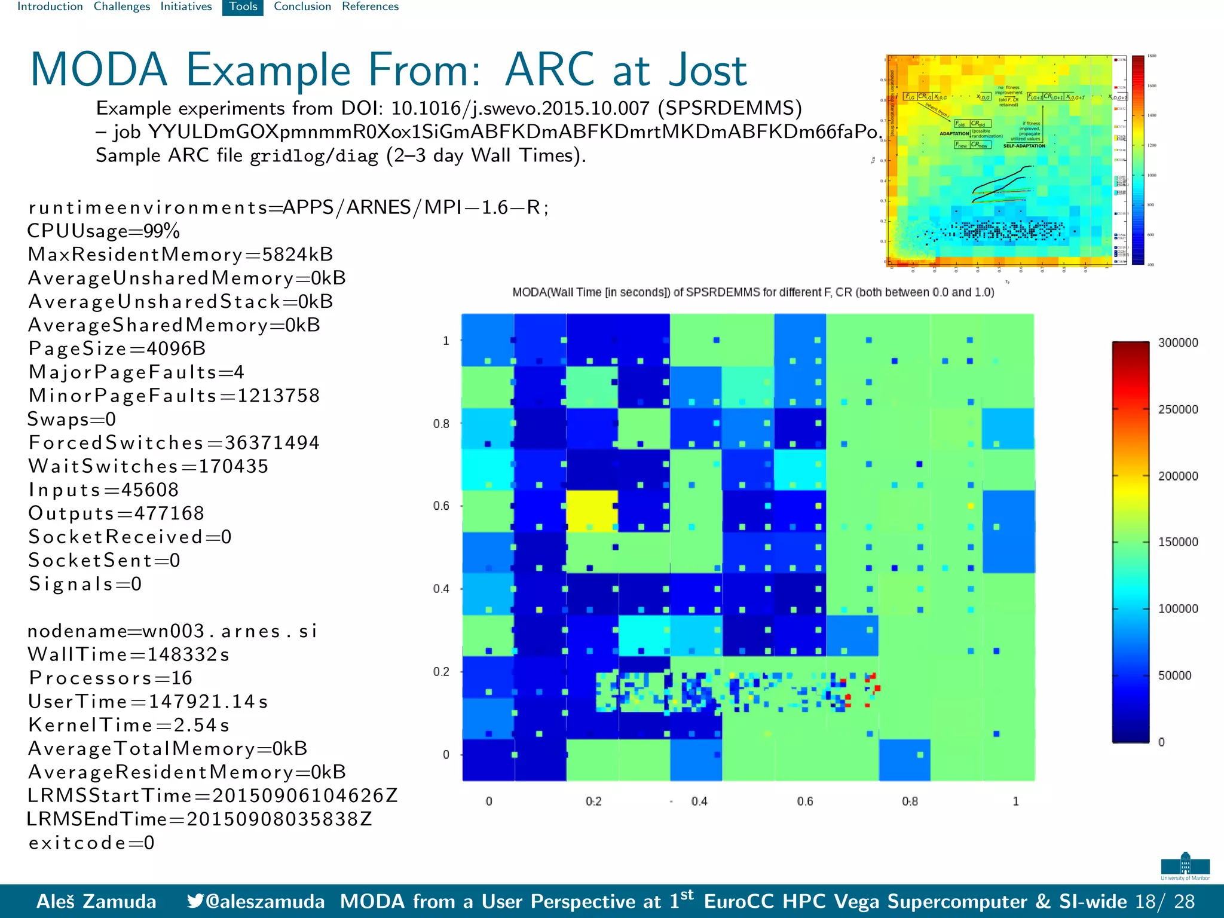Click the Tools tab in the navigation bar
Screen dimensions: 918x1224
(x=243, y=7)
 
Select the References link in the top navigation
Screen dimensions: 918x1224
(x=370, y=7)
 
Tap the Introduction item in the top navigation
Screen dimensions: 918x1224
(x=50, y=7)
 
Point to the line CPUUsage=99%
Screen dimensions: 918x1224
(x=103, y=231)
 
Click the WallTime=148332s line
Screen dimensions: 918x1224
(x=128, y=654)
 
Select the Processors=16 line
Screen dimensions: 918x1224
(x=111, y=678)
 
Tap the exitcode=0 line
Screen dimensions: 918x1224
(x=91, y=843)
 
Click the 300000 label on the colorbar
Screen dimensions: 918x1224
(x=1178, y=343)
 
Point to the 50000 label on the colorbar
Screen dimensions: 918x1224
(x=1174, y=675)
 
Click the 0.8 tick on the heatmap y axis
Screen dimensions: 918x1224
(x=441, y=424)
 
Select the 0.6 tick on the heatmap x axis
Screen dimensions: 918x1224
(x=804, y=801)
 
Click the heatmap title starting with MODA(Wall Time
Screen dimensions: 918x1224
(x=753, y=292)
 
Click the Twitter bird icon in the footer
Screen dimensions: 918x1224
(x=195, y=901)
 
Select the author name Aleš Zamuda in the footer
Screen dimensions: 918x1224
(x=96, y=901)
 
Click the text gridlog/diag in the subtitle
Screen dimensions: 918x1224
(x=314, y=157)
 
